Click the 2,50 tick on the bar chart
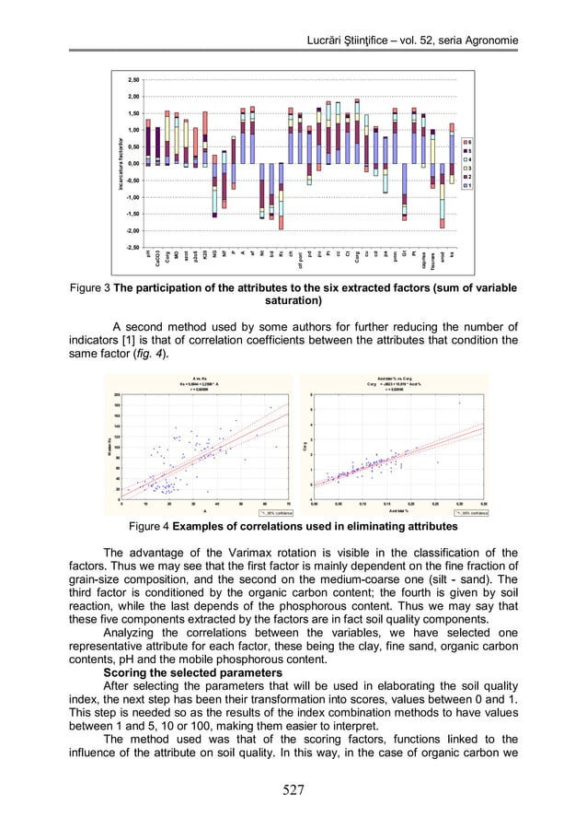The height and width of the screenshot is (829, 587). coord(132,80)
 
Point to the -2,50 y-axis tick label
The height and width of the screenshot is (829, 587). coord(132,247)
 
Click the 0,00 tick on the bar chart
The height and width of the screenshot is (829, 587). coord(132,163)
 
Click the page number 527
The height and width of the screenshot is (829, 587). coord(293,788)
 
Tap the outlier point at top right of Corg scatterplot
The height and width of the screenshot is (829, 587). coord(460,403)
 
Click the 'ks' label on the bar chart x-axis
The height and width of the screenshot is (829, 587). coord(453,253)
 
